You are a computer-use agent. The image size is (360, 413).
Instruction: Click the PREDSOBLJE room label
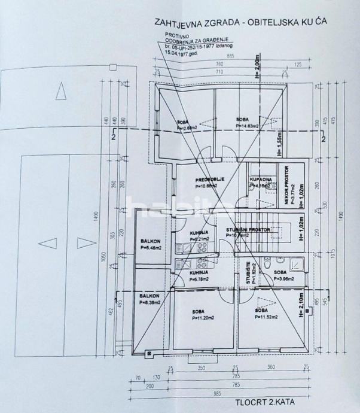[x=209, y=178]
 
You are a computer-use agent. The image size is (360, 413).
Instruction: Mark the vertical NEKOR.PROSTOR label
[x=287, y=186]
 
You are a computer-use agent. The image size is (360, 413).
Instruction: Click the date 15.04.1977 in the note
[x=178, y=52]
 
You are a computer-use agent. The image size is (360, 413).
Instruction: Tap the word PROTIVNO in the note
[x=176, y=36]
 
